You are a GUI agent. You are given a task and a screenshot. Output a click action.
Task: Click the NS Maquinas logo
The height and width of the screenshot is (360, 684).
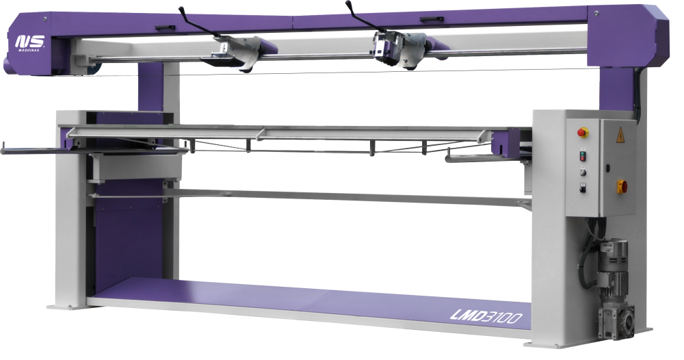(x=30, y=42)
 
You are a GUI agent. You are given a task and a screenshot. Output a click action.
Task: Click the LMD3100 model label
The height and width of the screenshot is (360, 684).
(x=486, y=316)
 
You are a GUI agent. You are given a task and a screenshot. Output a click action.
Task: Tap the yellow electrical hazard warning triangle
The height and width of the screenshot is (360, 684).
(x=620, y=135)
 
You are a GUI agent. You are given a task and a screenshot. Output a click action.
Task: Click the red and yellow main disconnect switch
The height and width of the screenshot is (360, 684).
(x=622, y=187)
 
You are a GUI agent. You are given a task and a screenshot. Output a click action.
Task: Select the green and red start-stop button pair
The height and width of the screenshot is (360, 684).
(x=582, y=156)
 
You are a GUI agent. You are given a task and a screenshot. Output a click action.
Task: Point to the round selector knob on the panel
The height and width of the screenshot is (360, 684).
(x=582, y=172)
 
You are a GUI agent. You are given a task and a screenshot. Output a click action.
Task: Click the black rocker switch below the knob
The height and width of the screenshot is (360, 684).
(x=582, y=188)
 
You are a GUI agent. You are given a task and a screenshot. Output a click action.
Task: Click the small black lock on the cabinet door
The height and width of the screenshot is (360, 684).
(x=607, y=167)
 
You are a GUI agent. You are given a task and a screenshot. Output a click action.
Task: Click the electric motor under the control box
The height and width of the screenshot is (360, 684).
(x=612, y=262)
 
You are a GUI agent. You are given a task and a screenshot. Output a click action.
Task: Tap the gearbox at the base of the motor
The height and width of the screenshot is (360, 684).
(x=616, y=321)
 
